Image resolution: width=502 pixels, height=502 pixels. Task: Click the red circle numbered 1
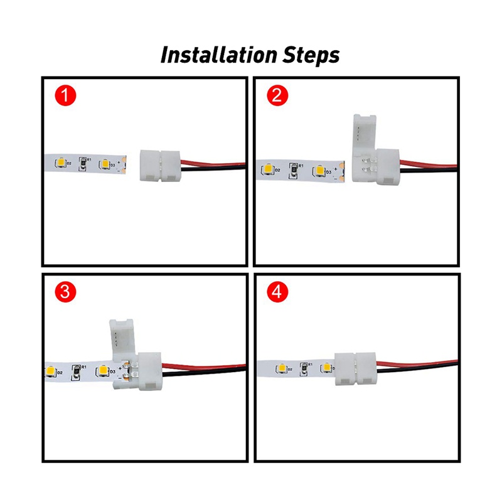point(65,96)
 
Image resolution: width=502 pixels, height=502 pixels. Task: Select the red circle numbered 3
point(65,292)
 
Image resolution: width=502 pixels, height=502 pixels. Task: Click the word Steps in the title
point(311,55)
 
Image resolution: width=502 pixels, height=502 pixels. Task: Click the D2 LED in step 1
point(61,162)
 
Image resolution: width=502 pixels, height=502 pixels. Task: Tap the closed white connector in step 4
point(355,369)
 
